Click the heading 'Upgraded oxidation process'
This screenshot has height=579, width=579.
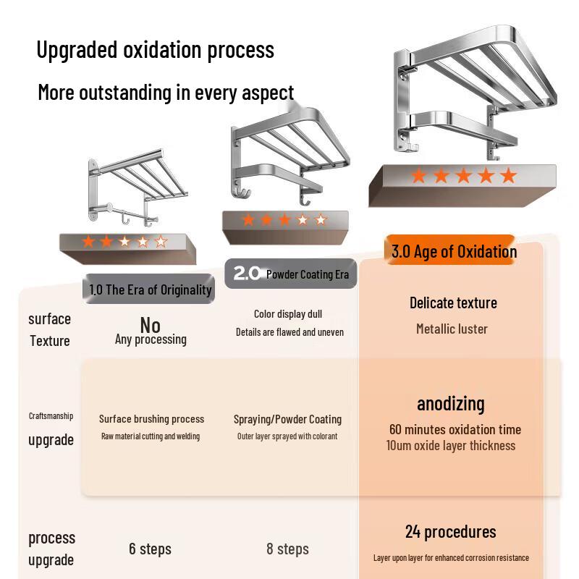tap(155, 51)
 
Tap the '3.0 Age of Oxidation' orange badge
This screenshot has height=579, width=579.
tap(449, 250)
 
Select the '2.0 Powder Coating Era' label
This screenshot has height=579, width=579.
tap(291, 274)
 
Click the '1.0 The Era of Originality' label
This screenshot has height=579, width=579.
tap(149, 289)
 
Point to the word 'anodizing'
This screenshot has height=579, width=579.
tap(450, 404)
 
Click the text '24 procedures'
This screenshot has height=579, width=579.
tap(450, 532)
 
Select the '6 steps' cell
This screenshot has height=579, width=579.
tap(150, 549)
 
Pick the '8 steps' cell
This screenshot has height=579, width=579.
tap(287, 549)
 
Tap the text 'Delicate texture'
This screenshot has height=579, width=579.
tap(453, 303)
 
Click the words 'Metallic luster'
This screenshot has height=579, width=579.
tap(452, 329)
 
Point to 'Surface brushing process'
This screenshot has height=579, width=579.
tap(151, 419)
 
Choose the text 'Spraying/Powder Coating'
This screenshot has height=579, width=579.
tap(287, 420)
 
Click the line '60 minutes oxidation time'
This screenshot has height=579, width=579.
tap(455, 429)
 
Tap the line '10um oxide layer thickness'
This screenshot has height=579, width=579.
tap(450, 445)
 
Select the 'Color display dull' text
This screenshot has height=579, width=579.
tap(287, 314)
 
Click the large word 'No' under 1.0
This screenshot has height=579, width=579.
tap(151, 325)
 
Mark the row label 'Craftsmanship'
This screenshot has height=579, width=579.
tap(51, 415)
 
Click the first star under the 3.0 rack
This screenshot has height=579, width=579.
tap(419, 175)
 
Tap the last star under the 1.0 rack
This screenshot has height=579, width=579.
tap(161, 242)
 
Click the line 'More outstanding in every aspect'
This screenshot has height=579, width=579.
tap(166, 93)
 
